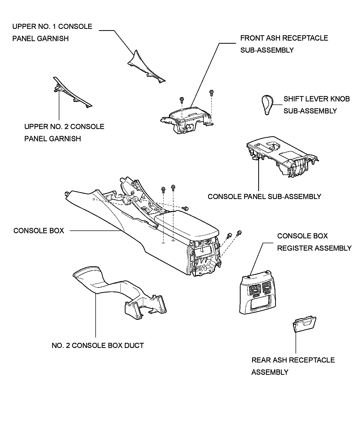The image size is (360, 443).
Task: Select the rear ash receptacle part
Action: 304,324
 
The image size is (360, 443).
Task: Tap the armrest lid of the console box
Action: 187,225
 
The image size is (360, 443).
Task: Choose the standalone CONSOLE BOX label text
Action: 39,231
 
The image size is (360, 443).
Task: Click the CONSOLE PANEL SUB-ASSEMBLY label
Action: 264,196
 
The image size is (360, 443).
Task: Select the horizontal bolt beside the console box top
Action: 186,208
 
